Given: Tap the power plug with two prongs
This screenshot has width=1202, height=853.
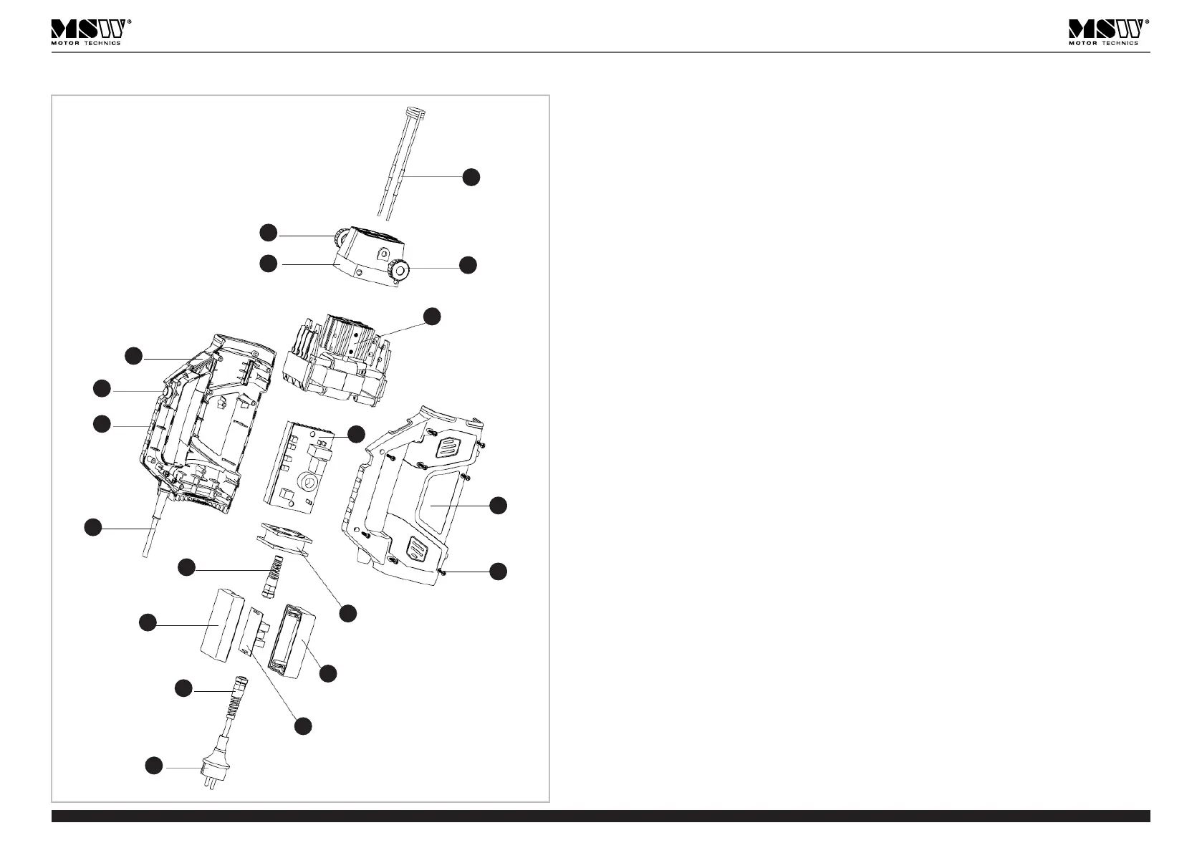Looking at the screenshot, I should coord(208,771).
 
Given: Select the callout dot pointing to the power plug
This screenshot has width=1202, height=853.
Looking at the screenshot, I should coord(153,766).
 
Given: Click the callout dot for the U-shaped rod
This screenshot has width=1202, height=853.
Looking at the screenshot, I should coord(471,177).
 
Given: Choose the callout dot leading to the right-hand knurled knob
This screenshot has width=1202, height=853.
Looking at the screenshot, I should coord(468,264).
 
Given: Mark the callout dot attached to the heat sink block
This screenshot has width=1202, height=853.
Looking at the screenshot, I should coord(432,316).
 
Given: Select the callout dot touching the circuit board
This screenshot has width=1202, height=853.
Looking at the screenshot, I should coord(356,433).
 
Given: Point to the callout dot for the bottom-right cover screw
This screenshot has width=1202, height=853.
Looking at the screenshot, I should coord(499,571).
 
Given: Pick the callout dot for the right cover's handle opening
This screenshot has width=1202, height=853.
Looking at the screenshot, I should coord(499,505).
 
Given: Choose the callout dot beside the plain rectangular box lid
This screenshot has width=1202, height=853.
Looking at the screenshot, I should coord(148,622).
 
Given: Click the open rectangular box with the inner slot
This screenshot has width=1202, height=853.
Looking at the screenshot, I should coord(291,641).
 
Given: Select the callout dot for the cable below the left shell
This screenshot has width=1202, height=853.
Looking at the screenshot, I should coord(92,527).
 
